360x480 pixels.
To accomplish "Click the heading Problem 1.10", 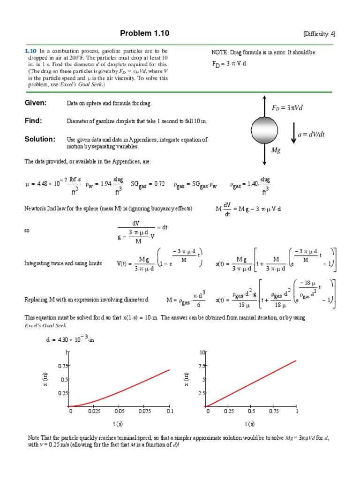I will click(144, 33).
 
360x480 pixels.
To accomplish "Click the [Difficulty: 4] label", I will click(319, 34).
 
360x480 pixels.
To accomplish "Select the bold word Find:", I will click(33, 121).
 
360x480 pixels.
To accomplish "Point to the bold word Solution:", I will click(40, 139).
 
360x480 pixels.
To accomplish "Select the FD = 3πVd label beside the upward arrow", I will click(287, 108).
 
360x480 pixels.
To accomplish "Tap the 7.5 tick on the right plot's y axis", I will click(202, 366).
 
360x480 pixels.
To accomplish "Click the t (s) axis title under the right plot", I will click(250, 424).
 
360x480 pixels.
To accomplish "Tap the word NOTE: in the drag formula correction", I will click(220, 52).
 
